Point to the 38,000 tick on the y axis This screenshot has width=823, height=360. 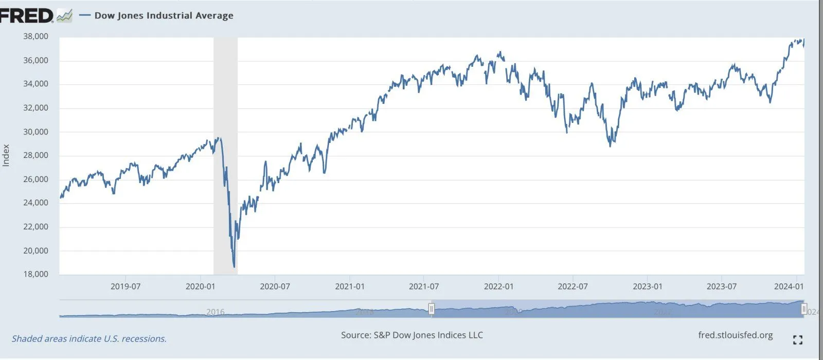[35, 37]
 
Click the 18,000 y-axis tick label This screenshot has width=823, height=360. [35, 274]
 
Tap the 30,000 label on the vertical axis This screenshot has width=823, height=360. [35, 132]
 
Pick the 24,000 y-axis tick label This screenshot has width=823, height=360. [35, 203]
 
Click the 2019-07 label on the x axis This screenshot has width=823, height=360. [126, 286]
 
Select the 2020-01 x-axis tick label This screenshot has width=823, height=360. [200, 286]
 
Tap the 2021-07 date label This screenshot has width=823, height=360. [424, 286]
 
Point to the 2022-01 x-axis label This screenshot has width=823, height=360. [498, 286]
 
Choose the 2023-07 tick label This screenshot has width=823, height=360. [722, 286]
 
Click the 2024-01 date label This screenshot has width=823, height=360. [789, 286]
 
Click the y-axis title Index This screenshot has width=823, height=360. [6, 155]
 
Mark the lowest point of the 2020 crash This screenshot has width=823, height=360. [234, 267]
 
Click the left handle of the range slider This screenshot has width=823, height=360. [431, 309]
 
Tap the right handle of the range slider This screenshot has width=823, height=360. [804, 309]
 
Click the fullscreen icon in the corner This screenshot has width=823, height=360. [798, 339]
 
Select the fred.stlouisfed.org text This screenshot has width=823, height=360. [736, 335]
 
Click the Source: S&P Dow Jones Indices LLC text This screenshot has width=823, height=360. [412, 335]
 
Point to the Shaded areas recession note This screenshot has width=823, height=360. [89, 339]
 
